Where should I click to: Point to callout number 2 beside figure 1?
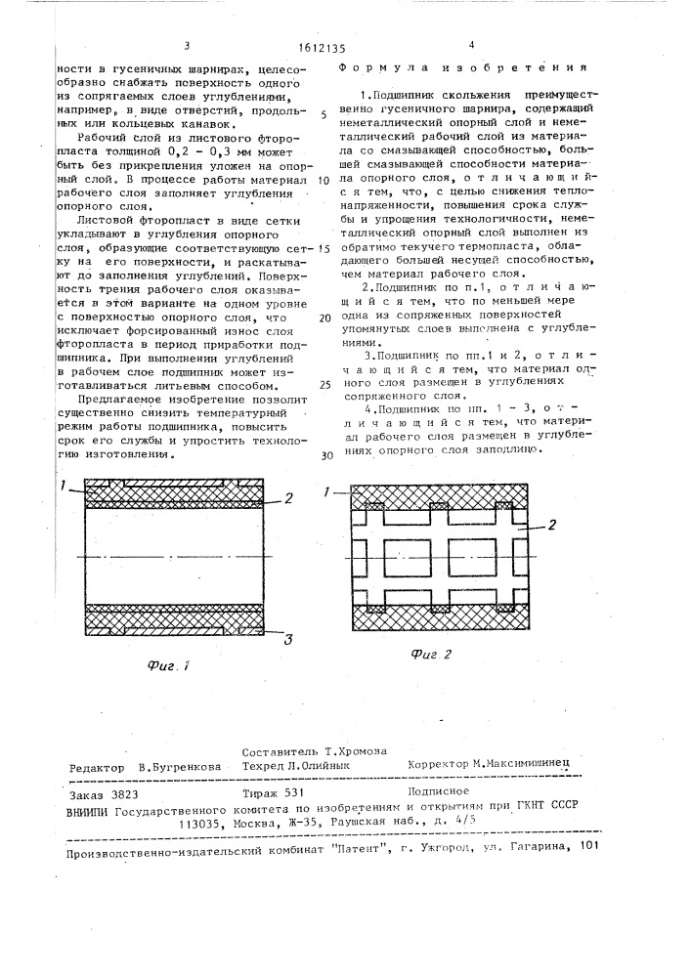pos(289,498)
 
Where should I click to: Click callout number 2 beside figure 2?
pos(552,525)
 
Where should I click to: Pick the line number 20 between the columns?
pos(324,319)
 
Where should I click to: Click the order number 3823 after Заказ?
pos(109,796)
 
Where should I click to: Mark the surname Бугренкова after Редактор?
pos(182,768)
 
